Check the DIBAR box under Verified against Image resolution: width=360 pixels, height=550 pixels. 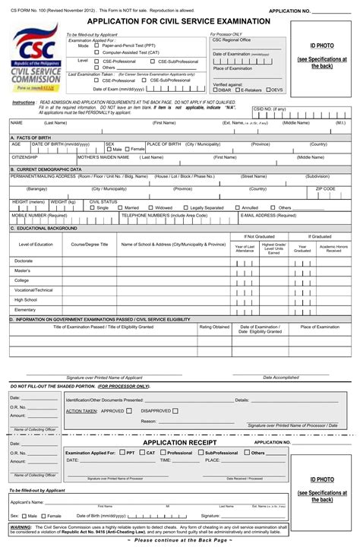click(215, 90)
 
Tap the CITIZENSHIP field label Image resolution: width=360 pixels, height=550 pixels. click(25, 157)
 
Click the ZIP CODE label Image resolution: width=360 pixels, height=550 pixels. click(325, 188)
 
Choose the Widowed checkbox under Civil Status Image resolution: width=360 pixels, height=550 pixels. click(150, 207)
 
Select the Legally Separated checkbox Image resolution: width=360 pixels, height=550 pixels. click(185, 207)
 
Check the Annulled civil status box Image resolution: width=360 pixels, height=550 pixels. click(238, 207)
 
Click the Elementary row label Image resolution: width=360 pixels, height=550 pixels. click(25, 310)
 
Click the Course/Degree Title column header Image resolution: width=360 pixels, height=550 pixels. click(90, 245)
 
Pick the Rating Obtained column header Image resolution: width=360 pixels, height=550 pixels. click(214, 327)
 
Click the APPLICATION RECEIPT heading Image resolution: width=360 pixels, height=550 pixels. click(180, 442)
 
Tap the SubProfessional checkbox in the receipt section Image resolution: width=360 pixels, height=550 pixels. click(201, 452)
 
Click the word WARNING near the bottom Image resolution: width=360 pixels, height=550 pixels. click(21, 526)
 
